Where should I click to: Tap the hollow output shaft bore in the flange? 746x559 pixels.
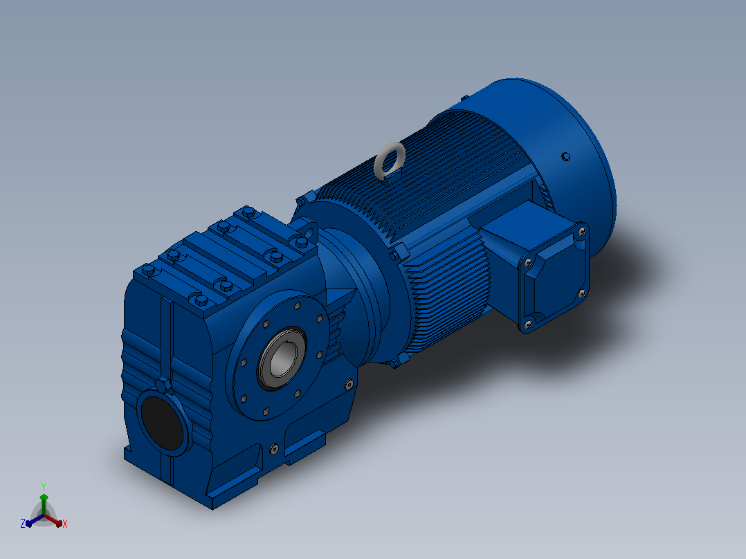point(283,358)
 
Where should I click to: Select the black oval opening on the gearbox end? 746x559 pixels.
point(163,422)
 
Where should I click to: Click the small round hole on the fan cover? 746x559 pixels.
point(565,156)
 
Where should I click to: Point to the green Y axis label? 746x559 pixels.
point(44,486)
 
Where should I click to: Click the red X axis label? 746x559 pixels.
point(65,524)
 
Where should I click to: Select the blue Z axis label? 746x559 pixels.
point(23,524)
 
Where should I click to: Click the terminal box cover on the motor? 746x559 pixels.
point(554,278)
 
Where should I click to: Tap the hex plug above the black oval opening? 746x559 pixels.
point(163,384)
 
